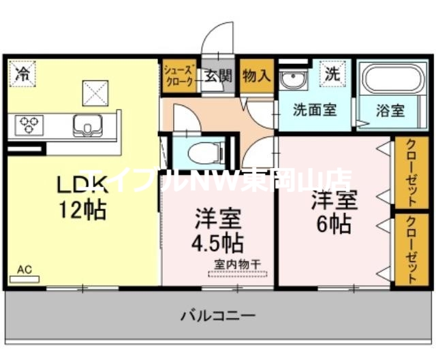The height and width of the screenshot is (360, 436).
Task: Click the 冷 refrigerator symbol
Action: click(x=23, y=71)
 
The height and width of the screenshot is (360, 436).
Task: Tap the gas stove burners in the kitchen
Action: click(x=29, y=124)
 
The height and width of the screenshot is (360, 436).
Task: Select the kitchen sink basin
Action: click(x=87, y=125)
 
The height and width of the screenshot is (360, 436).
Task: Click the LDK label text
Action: click(x=80, y=184)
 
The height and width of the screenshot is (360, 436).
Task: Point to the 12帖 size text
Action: click(x=81, y=210)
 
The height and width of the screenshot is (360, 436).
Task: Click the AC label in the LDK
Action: click(x=25, y=270)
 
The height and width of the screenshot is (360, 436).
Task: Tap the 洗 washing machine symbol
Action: click(x=332, y=73)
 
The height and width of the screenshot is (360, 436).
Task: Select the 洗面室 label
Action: click(x=314, y=110)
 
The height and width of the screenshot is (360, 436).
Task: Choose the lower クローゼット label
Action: click(x=413, y=250)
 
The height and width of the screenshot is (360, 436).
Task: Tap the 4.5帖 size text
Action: click(x=218, y=242)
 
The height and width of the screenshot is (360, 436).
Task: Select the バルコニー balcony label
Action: click(x=218, y=316)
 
